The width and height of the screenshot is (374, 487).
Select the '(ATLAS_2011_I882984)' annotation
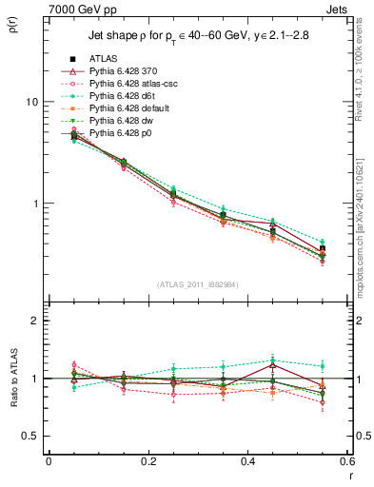pos(197,282)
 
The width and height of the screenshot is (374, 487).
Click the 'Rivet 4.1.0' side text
pos(364,71)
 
